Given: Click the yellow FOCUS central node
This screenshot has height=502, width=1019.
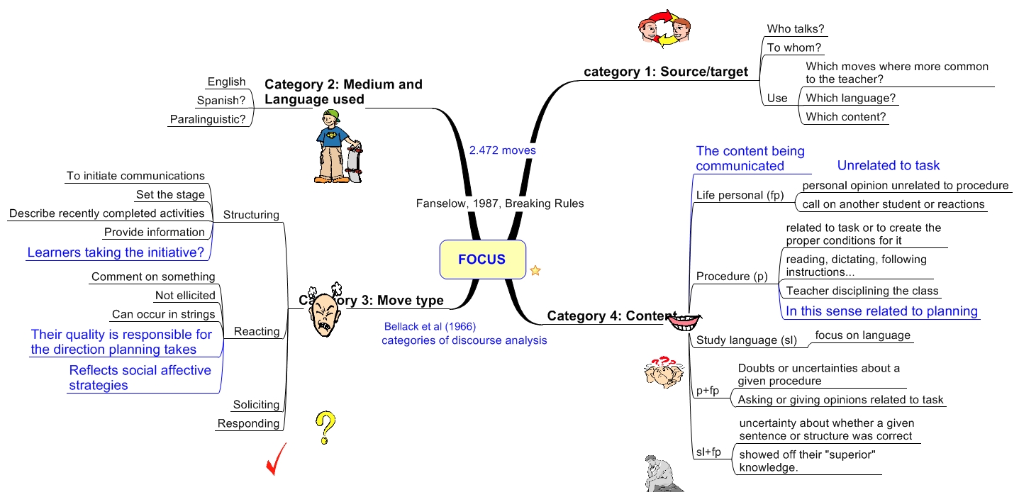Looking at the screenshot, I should point(482,260).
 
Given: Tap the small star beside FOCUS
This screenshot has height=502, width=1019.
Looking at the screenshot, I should point(535,270).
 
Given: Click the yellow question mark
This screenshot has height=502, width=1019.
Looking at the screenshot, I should point(325,428).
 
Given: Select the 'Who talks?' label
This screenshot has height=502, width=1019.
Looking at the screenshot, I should point(796,29).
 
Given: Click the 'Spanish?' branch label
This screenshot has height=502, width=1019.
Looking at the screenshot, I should point(221,101).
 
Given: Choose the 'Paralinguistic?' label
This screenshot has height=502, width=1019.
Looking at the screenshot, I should point(208,119).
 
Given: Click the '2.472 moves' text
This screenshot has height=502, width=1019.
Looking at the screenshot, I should point(502,150).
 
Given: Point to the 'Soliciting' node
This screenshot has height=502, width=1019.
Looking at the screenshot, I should point(256,405).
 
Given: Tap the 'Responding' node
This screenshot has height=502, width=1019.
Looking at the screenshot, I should point(248,423).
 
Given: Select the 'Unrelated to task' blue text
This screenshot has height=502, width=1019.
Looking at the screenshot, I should point(888,165).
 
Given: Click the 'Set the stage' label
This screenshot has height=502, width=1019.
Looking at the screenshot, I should point(170,194).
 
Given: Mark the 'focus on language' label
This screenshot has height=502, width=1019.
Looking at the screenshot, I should point(862,335).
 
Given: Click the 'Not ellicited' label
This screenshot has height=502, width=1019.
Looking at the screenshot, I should point(185,296).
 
